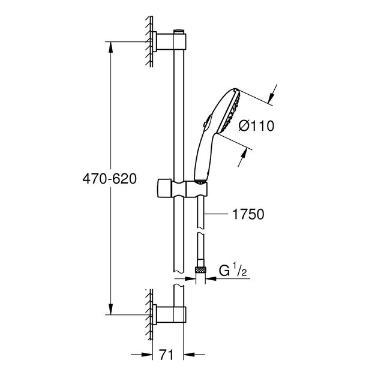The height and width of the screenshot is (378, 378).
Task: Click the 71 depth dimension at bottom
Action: point(168,356)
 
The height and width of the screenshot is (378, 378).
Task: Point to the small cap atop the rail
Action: point(178,29)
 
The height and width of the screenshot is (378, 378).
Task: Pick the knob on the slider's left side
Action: point(163,187)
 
